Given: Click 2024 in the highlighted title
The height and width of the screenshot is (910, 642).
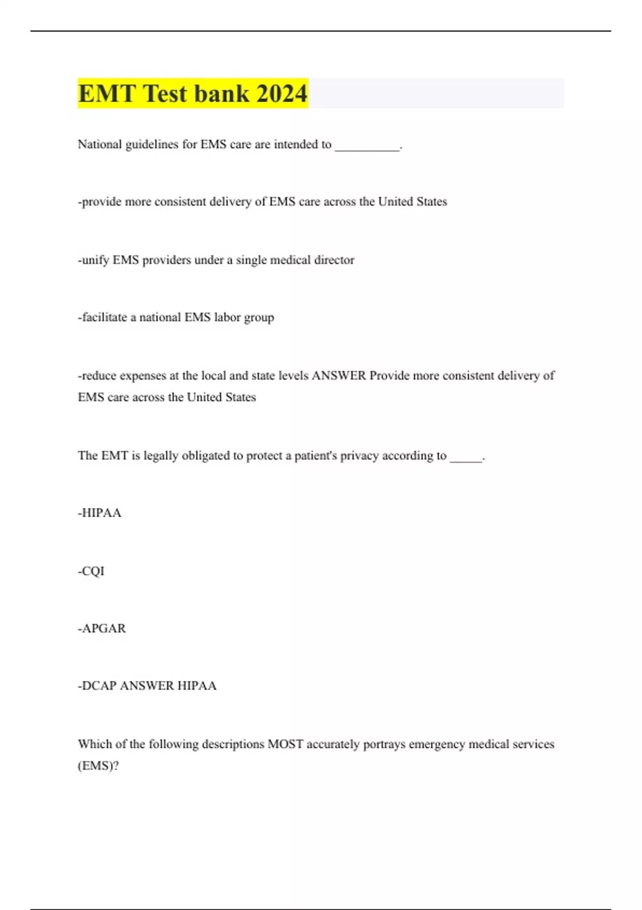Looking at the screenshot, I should [282, 94].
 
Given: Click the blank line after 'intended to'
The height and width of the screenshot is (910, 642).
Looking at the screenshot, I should [367, 146].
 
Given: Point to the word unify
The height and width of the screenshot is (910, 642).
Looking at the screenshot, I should [94, 260].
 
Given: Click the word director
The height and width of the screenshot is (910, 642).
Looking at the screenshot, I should [334, 260].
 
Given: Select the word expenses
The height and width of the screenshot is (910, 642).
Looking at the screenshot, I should [143, 376].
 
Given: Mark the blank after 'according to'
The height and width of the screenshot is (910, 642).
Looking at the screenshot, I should [466, 457].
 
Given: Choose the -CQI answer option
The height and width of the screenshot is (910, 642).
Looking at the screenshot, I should [91, 571].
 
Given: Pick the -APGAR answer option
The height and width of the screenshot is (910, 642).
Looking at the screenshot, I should [102, 628].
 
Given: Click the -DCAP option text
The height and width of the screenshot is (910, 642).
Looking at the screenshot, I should [97, 686].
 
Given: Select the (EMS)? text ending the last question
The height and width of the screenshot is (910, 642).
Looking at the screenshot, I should [98, 766].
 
